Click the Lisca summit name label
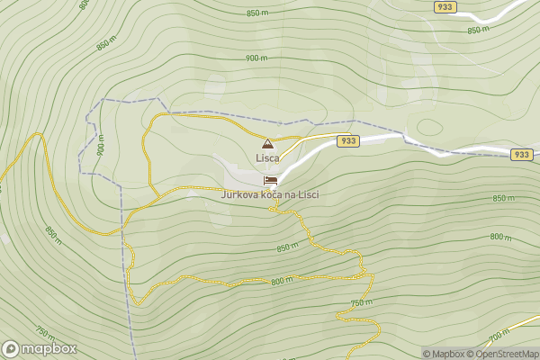click(x=267, y=157)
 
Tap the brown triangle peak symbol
click(x=267, y=143)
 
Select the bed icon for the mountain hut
click(x=270, y=180)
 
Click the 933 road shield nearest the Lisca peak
click(x=349, y=141)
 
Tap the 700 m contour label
click(x=499, y=337)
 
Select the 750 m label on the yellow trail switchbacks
click(x=361, y=302)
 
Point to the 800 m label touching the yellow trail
click(x=282, y=281)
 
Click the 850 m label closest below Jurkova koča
click(x=287, y=247)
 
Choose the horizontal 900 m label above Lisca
click(x=256, y=58)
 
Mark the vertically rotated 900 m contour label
click(x=100, y=146)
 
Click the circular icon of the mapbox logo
click(x=12, y=349)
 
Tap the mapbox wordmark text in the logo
click(x=49, y=349)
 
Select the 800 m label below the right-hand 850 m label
click(x=501, y=237)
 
